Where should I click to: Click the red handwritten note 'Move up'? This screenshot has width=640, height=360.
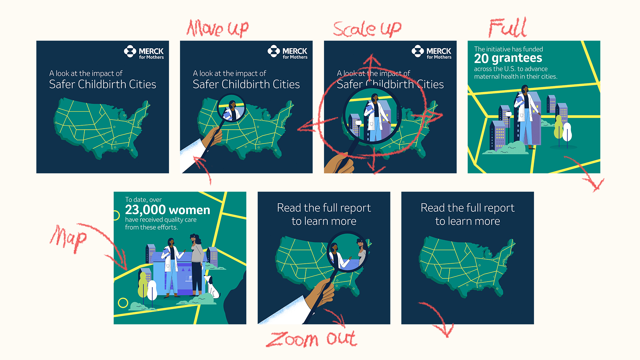pos(218,28)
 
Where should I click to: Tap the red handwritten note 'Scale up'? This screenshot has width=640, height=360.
pos(367,29)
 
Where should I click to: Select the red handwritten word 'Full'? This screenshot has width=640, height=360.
pos(508,27)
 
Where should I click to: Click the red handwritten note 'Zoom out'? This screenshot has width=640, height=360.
pos(311,339)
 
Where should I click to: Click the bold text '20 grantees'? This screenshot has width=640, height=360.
pos(508,58)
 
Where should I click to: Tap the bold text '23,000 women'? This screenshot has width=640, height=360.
pos(168,210)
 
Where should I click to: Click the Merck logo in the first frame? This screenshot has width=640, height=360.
pos(144,52)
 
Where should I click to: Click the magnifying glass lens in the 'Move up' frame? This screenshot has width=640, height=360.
pos(231,108)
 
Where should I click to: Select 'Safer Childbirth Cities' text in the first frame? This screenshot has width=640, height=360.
pos(103,84)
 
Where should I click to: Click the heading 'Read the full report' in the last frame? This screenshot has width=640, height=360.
pos(468,208)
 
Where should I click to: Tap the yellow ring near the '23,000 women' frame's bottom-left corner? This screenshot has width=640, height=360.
pos(123,303)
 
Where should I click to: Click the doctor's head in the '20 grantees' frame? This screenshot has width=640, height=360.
pos(525,89)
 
